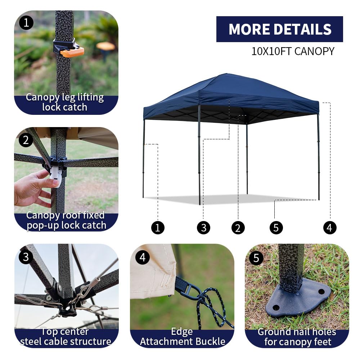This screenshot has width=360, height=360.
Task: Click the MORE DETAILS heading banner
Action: point(279,29)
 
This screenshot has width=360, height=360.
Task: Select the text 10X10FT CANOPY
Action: point(293,51)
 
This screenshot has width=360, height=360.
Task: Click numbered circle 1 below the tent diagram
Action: point(158,228)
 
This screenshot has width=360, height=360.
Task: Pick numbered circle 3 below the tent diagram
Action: point(203,228)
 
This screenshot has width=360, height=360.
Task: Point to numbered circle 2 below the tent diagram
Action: point(238,228)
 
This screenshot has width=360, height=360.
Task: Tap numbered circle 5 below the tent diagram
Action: point(276,228)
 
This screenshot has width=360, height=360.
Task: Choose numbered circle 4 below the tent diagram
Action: point(330,228)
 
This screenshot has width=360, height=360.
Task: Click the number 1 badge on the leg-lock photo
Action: point(26,23)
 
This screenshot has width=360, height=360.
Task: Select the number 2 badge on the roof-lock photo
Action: point(26,140)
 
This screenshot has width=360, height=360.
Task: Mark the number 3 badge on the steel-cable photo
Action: point(26,257)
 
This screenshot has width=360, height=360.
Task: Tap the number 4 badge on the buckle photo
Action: point(142,257)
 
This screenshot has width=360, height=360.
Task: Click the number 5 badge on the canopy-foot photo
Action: point(256,258)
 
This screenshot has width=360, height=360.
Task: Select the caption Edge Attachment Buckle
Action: point(182,337)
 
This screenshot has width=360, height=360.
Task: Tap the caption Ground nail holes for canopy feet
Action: point(297,337)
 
